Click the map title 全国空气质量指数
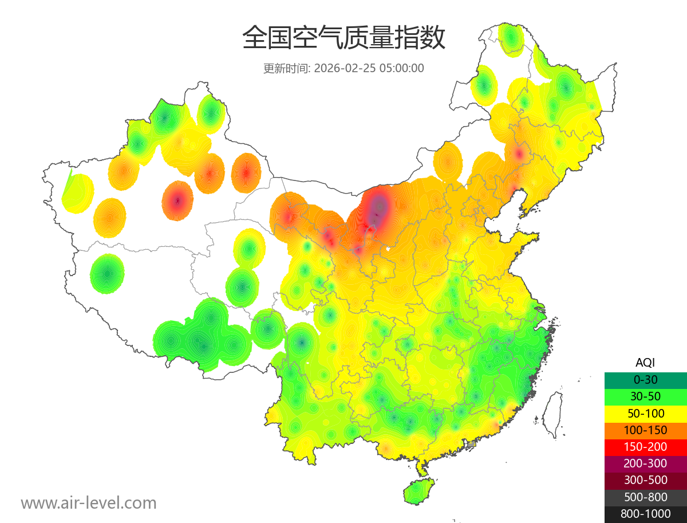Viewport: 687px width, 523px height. point(343,38)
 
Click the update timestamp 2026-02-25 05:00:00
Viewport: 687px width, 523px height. point(369,68)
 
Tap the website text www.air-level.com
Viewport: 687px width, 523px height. point(89,503)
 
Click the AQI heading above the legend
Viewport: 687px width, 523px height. point(645,363)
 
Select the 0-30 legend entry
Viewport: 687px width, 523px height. point(645,380)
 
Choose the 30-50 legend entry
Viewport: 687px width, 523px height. point(645,396)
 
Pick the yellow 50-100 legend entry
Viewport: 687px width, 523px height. point(645,413)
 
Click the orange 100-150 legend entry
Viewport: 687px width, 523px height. point(645,430)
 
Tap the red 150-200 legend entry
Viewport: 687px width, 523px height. point(645,447)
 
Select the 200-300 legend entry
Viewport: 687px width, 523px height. point(645,463)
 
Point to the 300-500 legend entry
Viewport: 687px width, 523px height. point(645,480)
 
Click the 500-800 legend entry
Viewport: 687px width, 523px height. point(645,497)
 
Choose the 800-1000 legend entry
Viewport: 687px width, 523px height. point(645,514)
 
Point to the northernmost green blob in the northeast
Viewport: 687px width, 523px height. point(511,38)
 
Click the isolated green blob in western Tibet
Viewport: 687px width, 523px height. point(107,274)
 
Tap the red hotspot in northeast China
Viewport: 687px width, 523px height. point(519,154)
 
